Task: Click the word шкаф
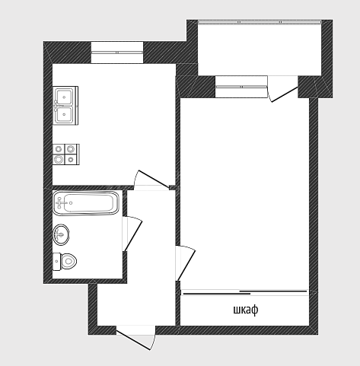pyautogui.click(x=246, y=310)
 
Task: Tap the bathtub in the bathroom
pyautogui.click(x=86, y=203)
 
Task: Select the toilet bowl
pyautogui.click(x=65, y=262)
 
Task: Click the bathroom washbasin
pyautogui.click(x=61, y=234)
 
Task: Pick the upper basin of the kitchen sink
pyautogui.click(x=64, y=97)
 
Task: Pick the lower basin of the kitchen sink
pyautogui.click(x=64, y=114)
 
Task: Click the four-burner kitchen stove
pyautogui.click(x=66, y=154)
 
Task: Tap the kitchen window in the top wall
pyautogui.click(x=117, y=53)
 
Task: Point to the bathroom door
pyautogui.click(x=132, y=234)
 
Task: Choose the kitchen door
pyautogui.click(x=151, y=179)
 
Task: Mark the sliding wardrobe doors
pyautogui.click(x=245, y=292)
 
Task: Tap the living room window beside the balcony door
pyautogui.click(x=241, y=87)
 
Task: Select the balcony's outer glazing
pyautogui.click(x=260, y=22)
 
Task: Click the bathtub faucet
pyautogui.click(x=60, y=202)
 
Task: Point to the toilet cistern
pyautogui.click(x=56, y=262)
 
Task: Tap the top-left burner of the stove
pyautogui.click(x=59, y=149)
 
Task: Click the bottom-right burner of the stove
pyautogui.click(x=72, y=160)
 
